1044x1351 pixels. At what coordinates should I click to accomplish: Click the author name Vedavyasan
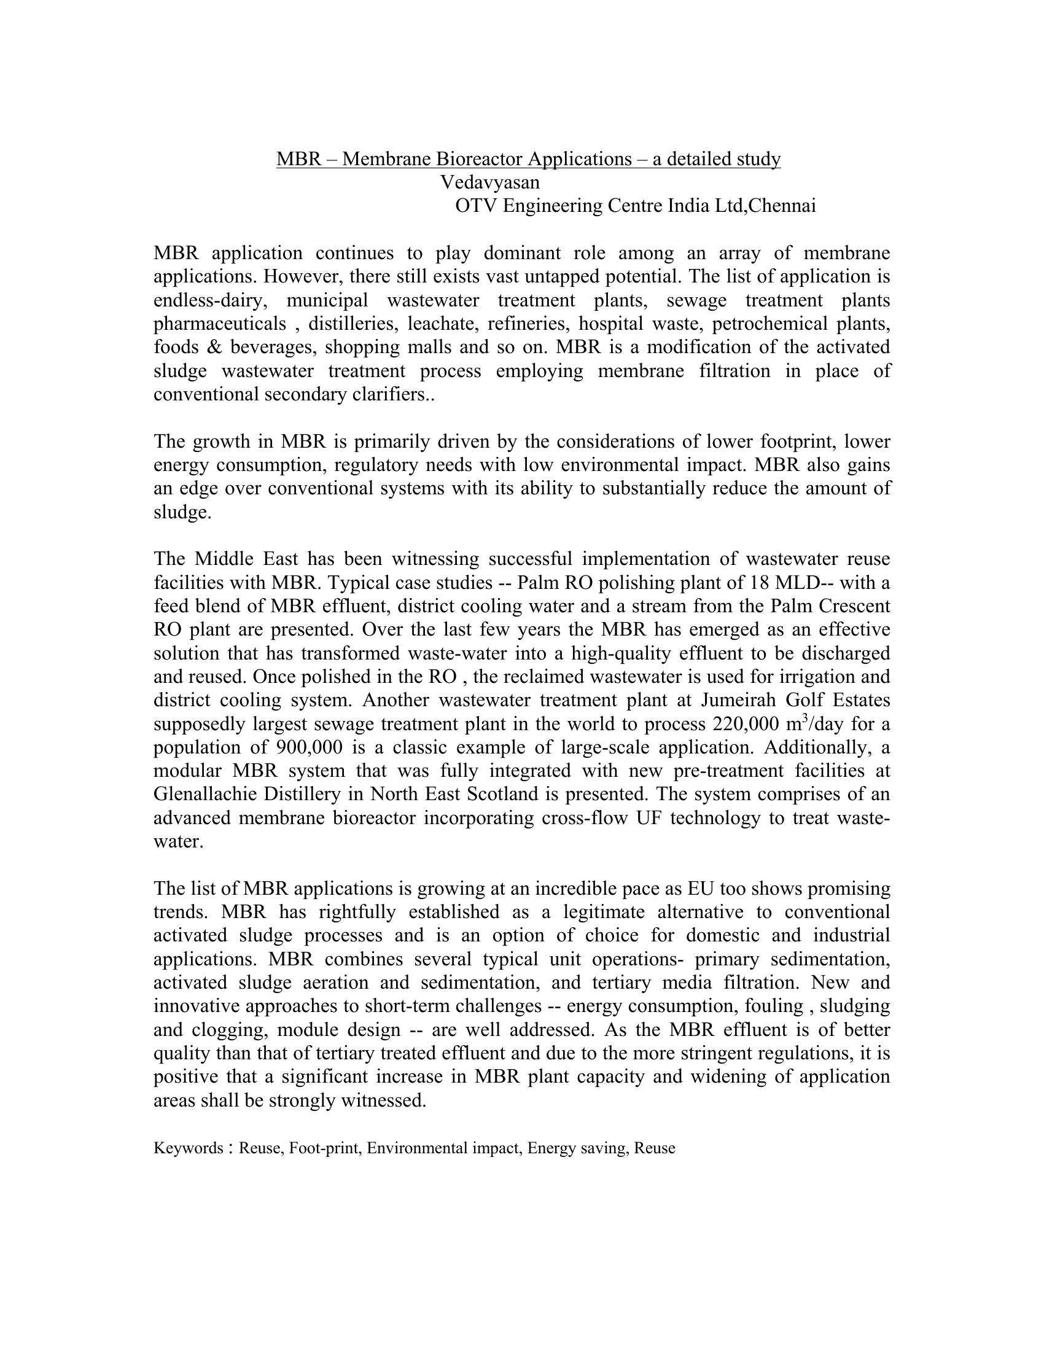489,182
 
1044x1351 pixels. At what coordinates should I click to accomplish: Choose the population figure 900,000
306,747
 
